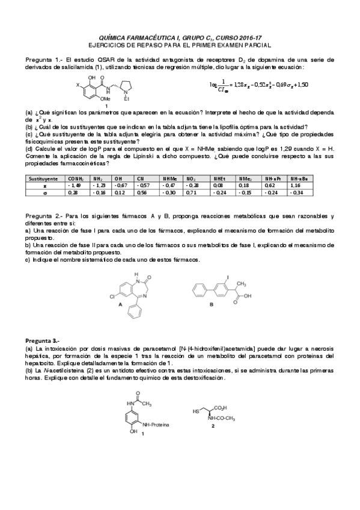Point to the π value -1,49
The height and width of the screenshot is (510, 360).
[75, 186]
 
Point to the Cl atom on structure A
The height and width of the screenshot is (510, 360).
[114, 297]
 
